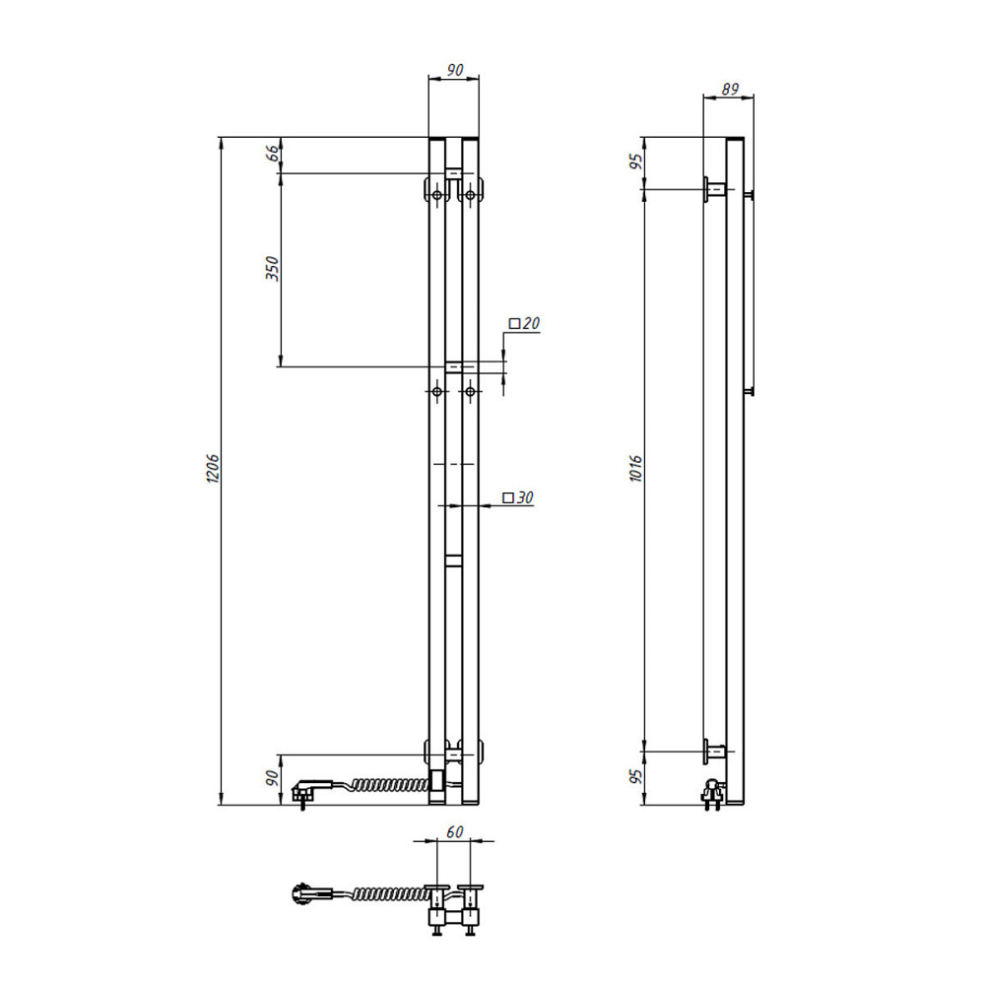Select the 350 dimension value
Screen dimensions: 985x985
(x=272, y=268)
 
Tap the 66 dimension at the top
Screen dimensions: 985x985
(x=273, y=153)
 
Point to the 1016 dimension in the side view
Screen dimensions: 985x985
(x=635, y=469)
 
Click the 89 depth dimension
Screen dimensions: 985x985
(x=729, y=90)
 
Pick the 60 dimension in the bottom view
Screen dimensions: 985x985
(x=454, y=831)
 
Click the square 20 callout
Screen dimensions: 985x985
(x=525, y=323)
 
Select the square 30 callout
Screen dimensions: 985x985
(x=518, y=497)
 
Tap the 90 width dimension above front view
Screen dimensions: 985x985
(x=454, y=70)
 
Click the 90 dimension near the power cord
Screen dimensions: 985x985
(x=272, y=778)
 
